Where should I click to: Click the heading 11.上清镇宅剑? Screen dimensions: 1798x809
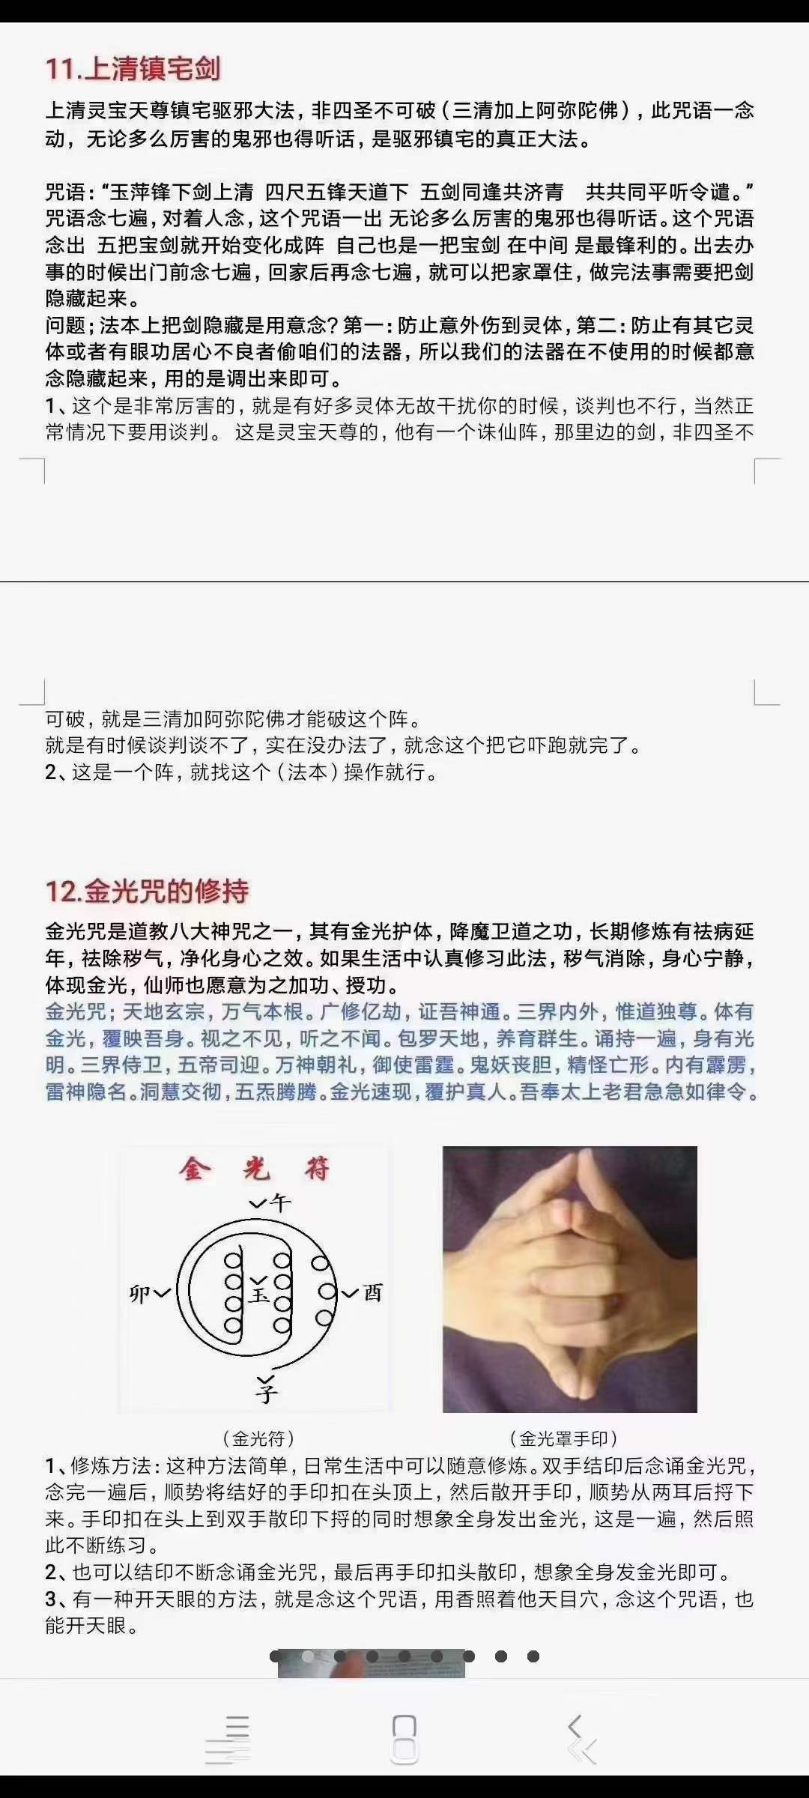click(x=133, y=69)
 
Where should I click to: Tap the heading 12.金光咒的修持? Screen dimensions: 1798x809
click(x=147, y=892)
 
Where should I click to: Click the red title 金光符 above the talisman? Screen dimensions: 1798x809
click(x=255, y=1169)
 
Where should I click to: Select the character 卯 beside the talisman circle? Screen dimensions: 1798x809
click(x=140, y=1294)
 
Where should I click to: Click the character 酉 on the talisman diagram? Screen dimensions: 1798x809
click(x=372, y=1292)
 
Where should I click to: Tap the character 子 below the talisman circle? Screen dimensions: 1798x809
click(x=266, y=1390)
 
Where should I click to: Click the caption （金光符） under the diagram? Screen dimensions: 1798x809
click(x=258, y=1438)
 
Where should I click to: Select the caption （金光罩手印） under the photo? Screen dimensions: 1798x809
click(x=563, y=1438)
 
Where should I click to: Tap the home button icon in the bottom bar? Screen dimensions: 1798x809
click(x=404, y=1738)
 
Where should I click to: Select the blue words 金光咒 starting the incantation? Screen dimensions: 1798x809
click(x=76, y=1012)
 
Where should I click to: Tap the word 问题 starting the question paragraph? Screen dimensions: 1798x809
click(x=65, y=325)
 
